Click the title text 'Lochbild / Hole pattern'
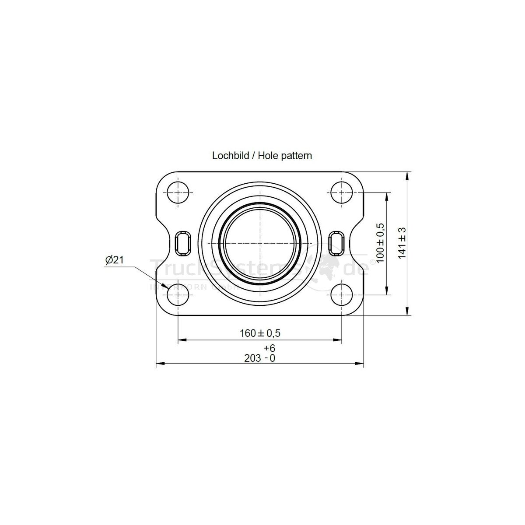(x=262, y=155)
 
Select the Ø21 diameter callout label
(x=115, y=260)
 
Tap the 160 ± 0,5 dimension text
(x=259, y=333)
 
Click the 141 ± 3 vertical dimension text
(x=402, y=243)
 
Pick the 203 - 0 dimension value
(x=259, y=358)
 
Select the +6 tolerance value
(x=269, y=348)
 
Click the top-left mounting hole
(x=178, y=192)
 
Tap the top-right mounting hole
(x=342, y=192)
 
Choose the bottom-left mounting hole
(x=178, y=294)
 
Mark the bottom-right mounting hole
(x=342, y=294)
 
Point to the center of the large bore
(x=260, y=243)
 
